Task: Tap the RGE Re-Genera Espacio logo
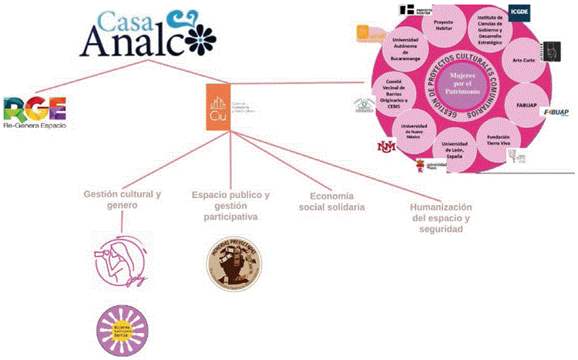pos(35,113)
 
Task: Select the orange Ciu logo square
pos(218,107)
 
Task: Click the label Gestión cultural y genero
pos(123,200)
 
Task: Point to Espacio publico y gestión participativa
pos(231,206)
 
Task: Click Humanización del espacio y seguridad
pos(442,218)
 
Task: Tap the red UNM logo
pos(385,146)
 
